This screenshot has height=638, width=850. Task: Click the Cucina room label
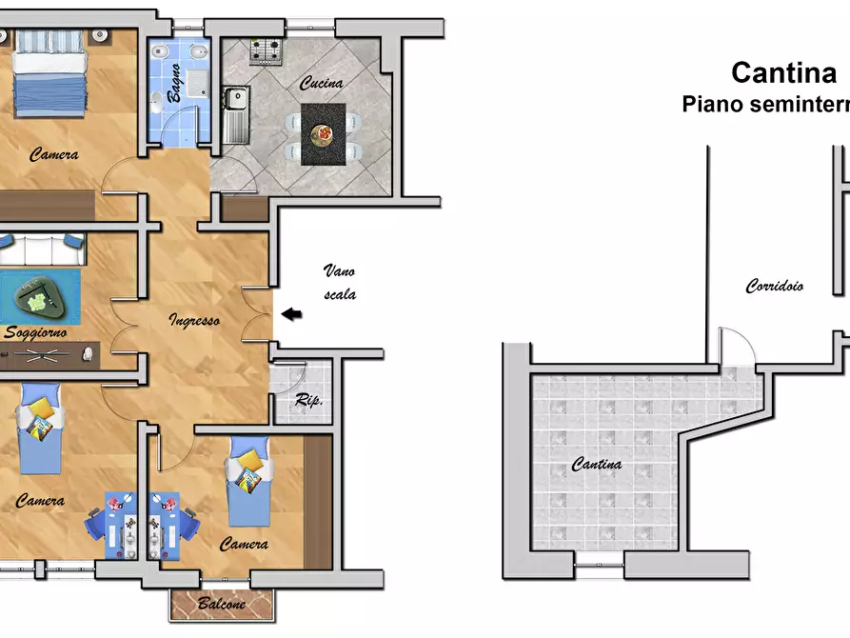(x=322, y=83)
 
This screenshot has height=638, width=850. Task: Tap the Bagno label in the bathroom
(x=174, y=83)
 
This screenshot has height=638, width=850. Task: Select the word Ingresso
(x=194, y=320)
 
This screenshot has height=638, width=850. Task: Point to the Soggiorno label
(x=35, y=332)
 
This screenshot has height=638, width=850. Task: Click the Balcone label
(x=222, y=604)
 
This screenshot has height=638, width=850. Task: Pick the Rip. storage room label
(x=309, y=400)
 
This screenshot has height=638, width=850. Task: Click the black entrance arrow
(x=291, y=313)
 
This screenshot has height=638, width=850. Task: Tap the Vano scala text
(x=340, y=282)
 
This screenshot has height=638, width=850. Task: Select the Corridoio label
(x=775, y=286)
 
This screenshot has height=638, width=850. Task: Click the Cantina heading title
(x=784, y=72)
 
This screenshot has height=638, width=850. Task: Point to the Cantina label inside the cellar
(x=596, y=465)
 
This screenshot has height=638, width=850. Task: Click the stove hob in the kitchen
(x=267, y=51)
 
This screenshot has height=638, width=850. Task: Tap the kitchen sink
(x=236, y=114)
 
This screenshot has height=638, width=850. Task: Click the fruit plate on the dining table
(x=323, y=134)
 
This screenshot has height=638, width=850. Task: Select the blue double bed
(x=49, y=73)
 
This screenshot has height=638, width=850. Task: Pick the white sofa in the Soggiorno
(x=42, y=249)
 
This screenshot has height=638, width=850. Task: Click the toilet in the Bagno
(x=156, y=102)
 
